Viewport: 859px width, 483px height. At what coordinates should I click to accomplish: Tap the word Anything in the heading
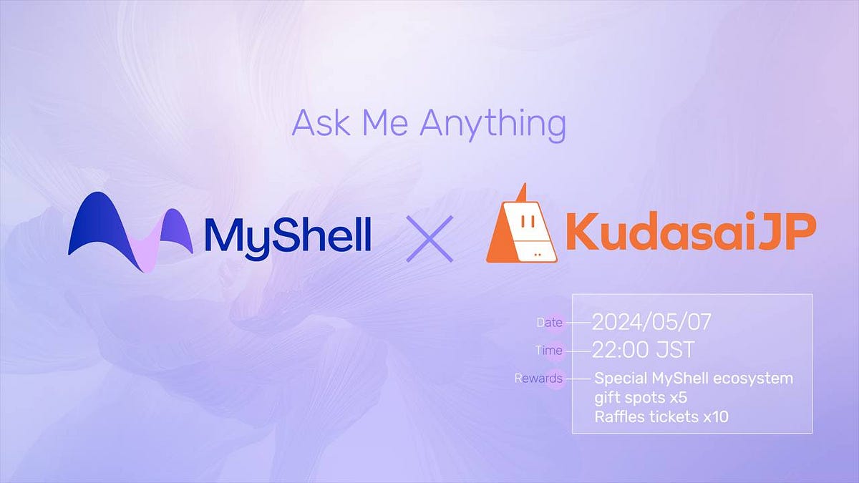coord(492,125)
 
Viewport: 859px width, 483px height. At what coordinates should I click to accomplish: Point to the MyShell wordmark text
coord(287,234)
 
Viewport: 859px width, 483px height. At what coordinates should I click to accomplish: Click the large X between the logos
coord(429,237)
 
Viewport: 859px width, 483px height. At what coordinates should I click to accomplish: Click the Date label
coord(549,323)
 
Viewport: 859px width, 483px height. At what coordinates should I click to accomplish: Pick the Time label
coord(549,351)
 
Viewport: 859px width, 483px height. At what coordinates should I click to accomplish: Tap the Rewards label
coord(538,378)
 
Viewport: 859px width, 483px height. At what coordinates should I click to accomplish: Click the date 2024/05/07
coord(652,322)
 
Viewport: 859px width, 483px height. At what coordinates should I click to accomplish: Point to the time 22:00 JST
coord(643,350)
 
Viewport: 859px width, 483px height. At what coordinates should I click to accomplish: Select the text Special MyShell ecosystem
coord(694,378)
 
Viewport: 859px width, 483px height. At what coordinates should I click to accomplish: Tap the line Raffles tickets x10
coord(661,416)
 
